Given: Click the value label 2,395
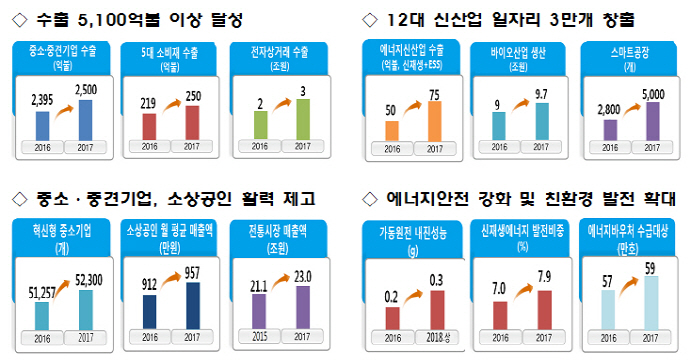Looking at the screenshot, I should [x=42, y=103].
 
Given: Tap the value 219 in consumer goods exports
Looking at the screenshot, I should [x=149, y=102].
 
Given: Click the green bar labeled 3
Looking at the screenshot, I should [x=302, y=119].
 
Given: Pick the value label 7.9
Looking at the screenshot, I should [x=542, y=274].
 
